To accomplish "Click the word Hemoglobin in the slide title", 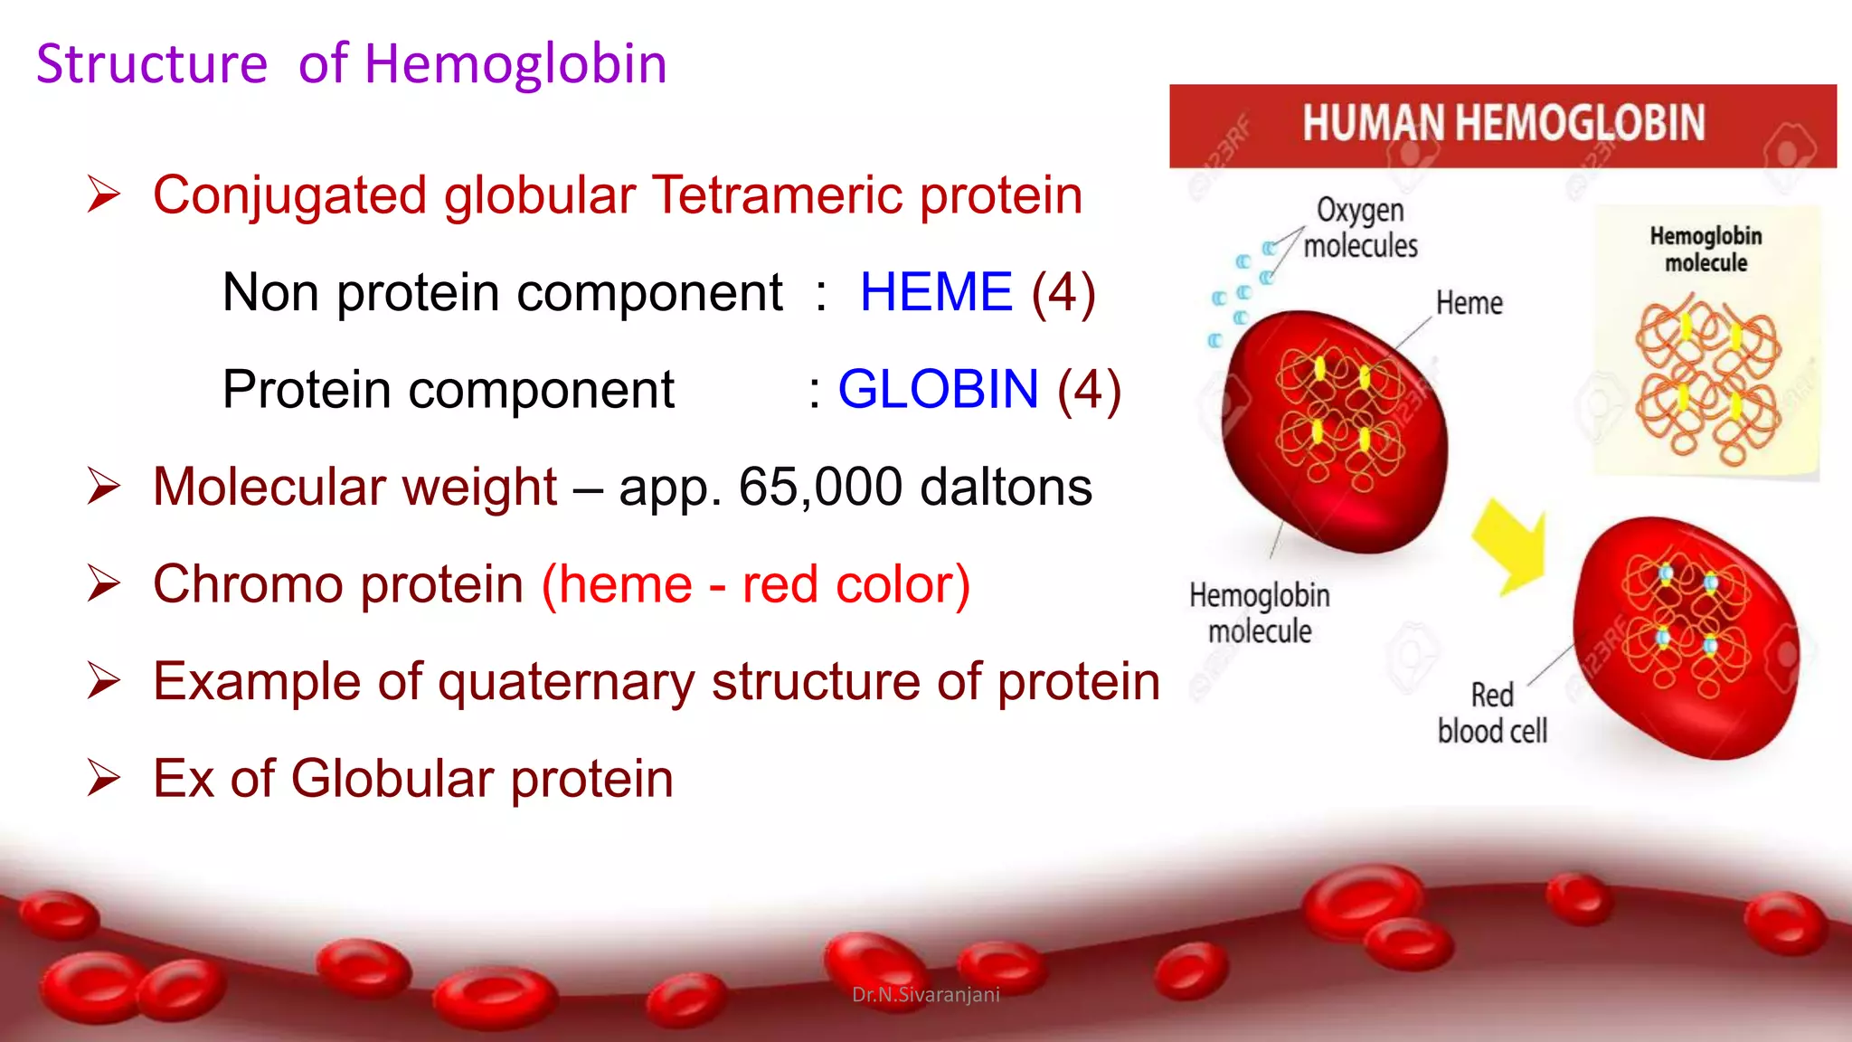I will [x=515, y=65].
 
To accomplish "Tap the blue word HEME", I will [x=935, y=292].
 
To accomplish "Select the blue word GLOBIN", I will [x=938, y=390].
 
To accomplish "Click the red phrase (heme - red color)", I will [x=756, y=584].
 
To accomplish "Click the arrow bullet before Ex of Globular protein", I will [x=104, y=778].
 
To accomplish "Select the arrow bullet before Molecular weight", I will [x=104, y=487].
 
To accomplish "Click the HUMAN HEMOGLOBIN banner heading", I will [x=1503, y=124].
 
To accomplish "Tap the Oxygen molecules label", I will [x=1360, y=228].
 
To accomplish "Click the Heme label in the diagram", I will [x=1469, y=304].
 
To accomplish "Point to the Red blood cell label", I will [x=1492, y=713].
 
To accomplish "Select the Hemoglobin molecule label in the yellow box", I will [x=1706, y=250].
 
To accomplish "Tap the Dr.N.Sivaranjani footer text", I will [x=925, y=995].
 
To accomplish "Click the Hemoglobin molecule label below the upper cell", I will [x=1259, y=613].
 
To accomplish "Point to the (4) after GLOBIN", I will [x=1089, y=390].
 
